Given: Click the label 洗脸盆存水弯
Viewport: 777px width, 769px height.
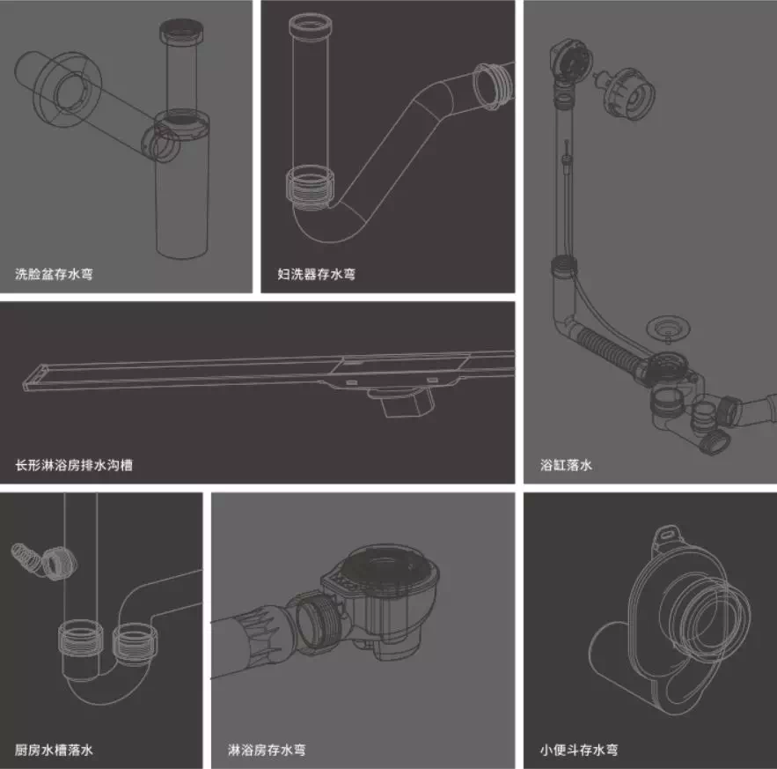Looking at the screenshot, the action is tap(54, 274).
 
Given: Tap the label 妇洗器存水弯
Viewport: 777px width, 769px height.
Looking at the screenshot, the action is tap(316, 274).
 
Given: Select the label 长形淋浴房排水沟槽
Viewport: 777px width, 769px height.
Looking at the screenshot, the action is tap(74, 465).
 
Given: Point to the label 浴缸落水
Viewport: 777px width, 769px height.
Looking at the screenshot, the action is tap(566, 465).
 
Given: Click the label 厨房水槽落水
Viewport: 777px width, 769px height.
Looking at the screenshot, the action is tap(54, 749).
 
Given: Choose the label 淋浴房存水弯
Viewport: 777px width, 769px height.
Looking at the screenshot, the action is tap(267, 749).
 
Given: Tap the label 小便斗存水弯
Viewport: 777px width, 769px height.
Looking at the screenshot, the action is tap(579, 749).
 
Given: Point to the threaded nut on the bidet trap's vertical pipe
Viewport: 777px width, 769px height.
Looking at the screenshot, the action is tap(311, 188).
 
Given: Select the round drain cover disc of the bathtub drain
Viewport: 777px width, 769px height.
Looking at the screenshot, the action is tap(668, 328).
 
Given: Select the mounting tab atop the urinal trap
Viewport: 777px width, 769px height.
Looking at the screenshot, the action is tap(669, 536).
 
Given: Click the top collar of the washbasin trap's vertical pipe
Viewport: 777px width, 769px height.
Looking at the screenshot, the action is tap(181, 31).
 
